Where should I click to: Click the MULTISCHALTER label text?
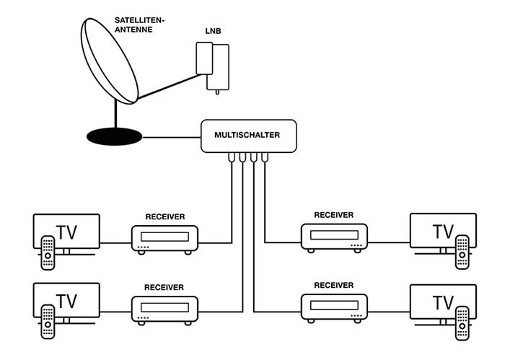[247, 135]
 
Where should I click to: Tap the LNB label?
[214, 31]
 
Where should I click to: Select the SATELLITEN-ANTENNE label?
[139, 25]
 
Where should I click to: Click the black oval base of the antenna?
[114, 136]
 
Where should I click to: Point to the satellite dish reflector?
[110, 61]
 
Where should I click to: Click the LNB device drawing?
[213, 68]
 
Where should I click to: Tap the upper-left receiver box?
[164, 240]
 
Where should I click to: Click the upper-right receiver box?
[334, 238]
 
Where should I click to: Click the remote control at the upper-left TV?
[48, 253]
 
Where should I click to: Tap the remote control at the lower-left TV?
[48, 322]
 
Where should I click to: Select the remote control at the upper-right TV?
[462, 252]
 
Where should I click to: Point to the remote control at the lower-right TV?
[462, 323]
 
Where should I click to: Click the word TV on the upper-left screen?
[66, 232]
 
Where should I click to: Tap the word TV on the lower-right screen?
[443, 303]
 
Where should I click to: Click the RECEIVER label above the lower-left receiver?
[164, 287]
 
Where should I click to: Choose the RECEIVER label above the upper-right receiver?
[333, 215]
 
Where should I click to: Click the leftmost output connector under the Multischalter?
[232, 157]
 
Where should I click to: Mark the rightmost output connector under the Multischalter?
[265, 157]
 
